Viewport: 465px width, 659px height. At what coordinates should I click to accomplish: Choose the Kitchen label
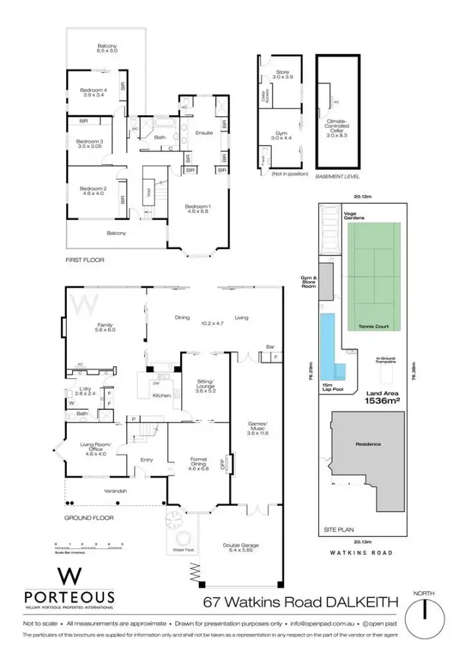161,395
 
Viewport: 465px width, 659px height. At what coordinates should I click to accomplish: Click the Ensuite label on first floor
205,133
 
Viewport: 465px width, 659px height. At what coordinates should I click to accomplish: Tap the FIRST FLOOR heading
85,260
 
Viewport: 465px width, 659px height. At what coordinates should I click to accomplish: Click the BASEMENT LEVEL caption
337,176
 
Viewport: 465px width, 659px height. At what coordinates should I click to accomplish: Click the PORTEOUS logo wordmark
69,597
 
